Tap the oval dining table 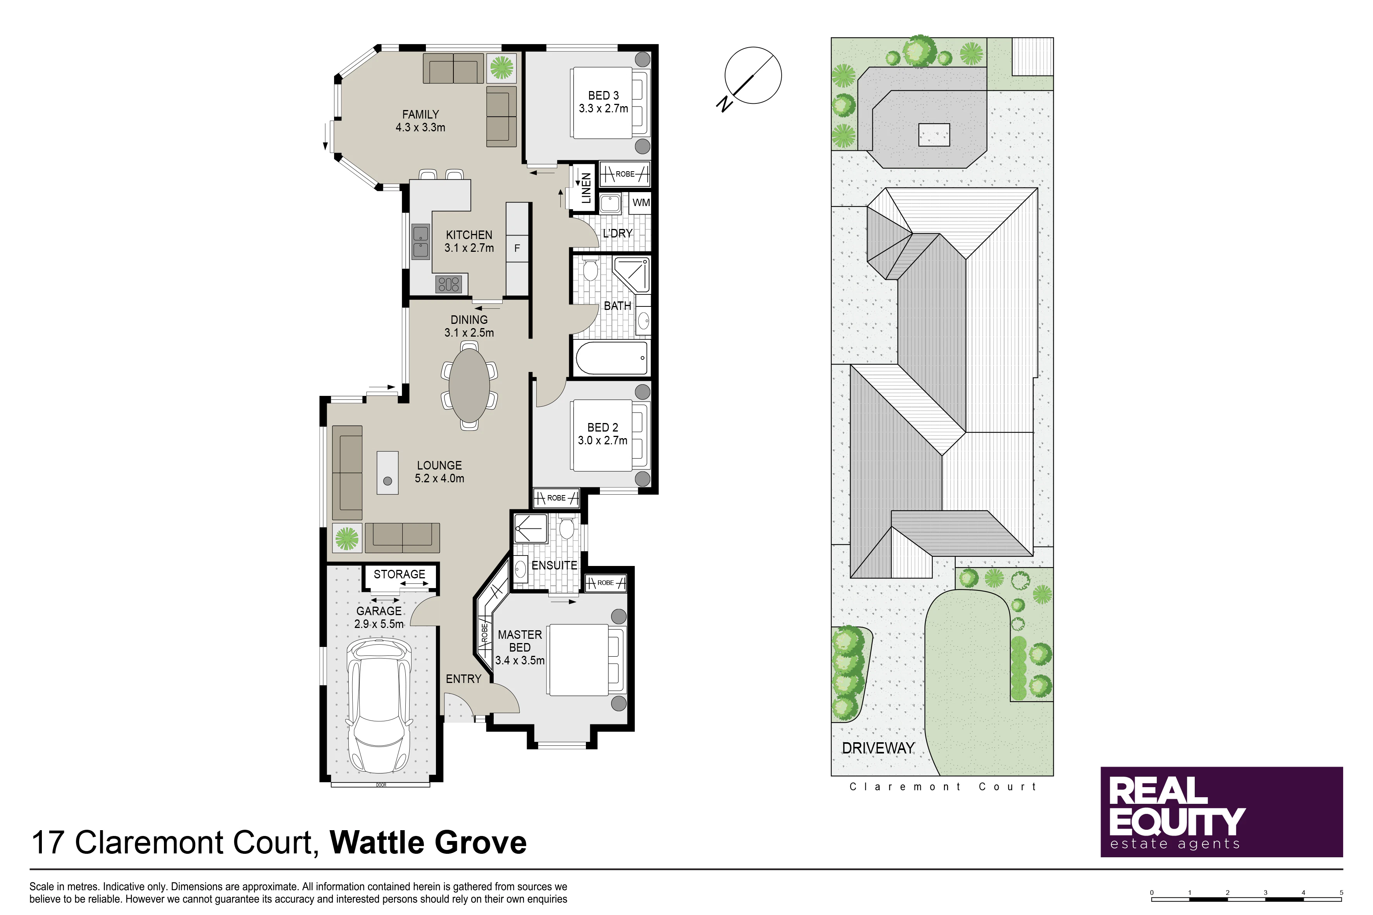coord(469,385)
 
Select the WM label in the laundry coord(641,203)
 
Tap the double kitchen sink coord(420,242)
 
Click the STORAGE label coord(399,574)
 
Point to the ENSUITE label coord(554,566)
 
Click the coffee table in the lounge coord(387,473)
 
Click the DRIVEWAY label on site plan coord(878,748)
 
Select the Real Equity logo coord(1221,812)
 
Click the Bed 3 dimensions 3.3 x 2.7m coord(604,108)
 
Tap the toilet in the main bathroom coord(590,270)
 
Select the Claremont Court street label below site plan coord(943,787)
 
